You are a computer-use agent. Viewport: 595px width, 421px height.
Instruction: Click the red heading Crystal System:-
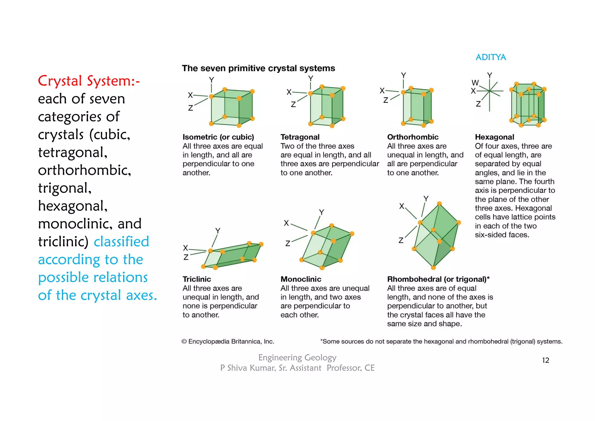[89, 81]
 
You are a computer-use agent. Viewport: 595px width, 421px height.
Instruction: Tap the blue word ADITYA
[490, 57]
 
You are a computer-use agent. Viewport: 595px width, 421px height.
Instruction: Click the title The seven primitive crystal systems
[258, 68]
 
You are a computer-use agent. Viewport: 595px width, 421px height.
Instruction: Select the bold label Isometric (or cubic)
[218, 137]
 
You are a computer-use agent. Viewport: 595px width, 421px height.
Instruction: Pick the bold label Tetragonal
[300, 137]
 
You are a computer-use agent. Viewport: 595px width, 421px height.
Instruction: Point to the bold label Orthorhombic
[413, 137]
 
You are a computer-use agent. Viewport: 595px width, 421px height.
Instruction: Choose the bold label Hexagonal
[494, 137]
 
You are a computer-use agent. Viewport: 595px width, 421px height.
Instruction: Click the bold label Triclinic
[197, 279]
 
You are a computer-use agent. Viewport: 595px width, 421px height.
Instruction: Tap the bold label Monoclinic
[301, 279]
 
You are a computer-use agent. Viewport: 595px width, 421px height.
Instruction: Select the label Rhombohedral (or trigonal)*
[438, 279]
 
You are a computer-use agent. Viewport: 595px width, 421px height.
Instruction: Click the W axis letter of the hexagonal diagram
[475, 83]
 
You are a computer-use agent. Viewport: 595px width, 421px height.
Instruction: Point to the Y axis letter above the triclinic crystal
[218, 231]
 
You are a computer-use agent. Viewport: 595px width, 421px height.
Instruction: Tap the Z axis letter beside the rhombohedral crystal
[401, 240]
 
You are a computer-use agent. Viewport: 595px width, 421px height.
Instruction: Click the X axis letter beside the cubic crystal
[190, 95]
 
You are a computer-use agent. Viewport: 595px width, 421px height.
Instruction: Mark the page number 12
[545, 360]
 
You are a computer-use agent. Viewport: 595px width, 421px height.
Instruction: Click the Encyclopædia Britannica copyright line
[228, 341]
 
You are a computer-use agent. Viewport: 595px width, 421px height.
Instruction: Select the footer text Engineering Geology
[297, 357]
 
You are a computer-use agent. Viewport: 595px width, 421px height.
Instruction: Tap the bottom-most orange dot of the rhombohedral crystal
[433, 267]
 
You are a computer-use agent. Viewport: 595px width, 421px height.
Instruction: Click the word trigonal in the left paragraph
[64, 188]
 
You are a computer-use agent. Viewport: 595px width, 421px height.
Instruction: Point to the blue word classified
[121, 242]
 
